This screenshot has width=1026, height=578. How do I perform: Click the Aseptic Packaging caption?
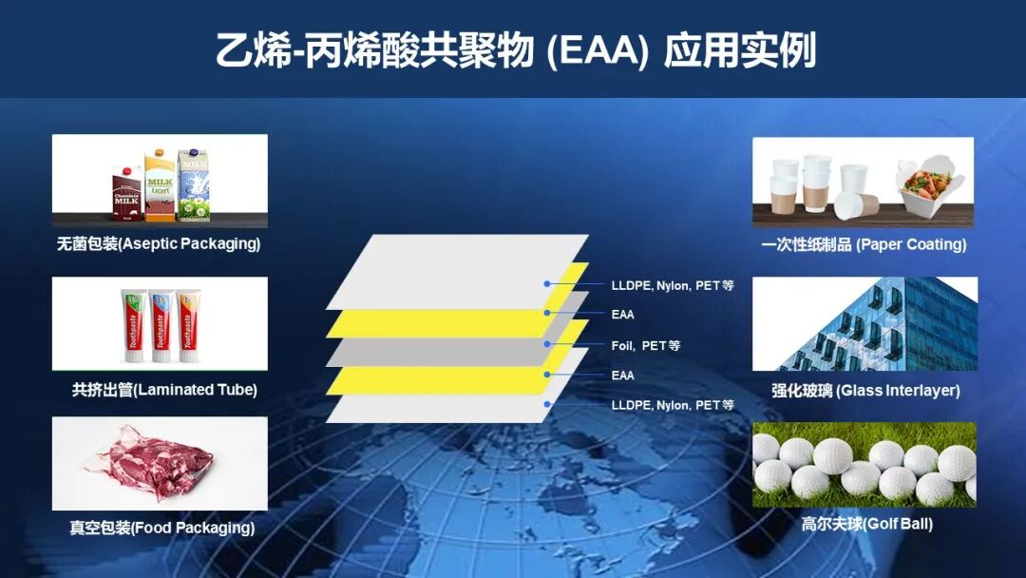(159, 244)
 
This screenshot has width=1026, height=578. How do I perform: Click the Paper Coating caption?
(864, 245)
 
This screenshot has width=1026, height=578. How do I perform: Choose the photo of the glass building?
(864, 323)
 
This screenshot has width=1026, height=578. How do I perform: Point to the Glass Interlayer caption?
(865, 391)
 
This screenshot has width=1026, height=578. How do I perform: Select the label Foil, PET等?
(646, 345)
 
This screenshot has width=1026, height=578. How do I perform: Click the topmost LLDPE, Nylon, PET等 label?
(673, 285)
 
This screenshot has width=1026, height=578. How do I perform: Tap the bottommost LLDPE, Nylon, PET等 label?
(673, 405)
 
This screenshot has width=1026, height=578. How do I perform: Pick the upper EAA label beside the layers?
(623, 315)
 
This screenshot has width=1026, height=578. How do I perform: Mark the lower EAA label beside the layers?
(623, 376)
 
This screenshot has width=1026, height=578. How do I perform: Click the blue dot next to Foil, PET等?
(547, 344)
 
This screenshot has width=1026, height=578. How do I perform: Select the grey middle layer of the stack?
(427, 351)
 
